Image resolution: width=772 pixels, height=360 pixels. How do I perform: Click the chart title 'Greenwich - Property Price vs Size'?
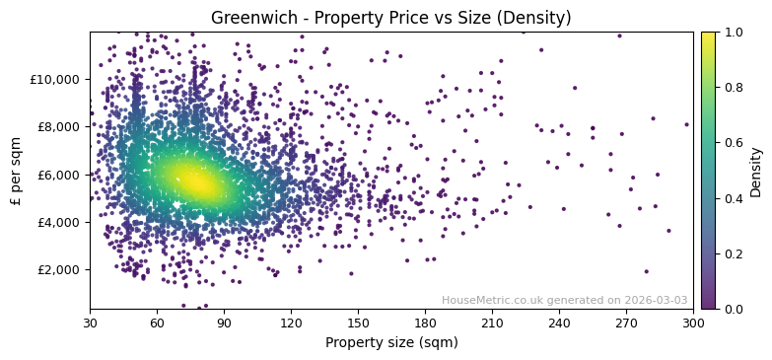click(x=390, y=18)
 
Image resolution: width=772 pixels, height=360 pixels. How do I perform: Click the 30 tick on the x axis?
click(x=90, y=323)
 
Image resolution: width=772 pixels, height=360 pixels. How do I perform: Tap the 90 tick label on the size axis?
click(x=224, y=323)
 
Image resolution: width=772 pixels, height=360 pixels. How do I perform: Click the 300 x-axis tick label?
click(x=693, y=323)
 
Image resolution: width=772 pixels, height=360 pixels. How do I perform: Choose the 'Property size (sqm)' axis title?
click(x=390, y=342)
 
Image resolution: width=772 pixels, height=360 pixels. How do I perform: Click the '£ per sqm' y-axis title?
click(x=17, y=171)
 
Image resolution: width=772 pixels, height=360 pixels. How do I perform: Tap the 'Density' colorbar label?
click(x=756, y=171)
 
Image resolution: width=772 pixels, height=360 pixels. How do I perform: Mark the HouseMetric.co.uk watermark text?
click(x=564, y=301)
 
